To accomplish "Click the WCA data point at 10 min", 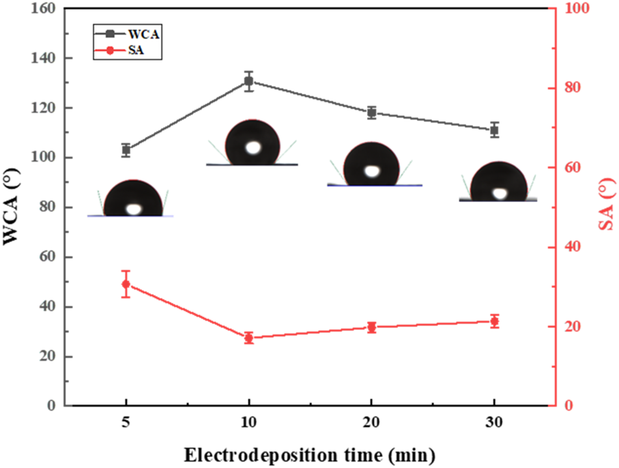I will pyautogui.click(x=248, y=81).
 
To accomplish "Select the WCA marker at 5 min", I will pyautogui.click(x=126, y=150).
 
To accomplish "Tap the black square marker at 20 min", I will pyautogui.click(x=371, y=112).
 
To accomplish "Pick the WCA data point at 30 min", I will pyautogui.click(x=494, y=130).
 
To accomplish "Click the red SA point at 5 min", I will pyautogui.click(x=126, y=284).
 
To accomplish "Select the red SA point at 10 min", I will pyautogui.click(x=248, y=338).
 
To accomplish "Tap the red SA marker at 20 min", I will pyautogui.click(x=371, y=327).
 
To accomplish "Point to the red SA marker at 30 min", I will pyautogui.click(x=494, y=321).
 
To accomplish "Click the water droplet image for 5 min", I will pyautogui.click(x=132, y=198).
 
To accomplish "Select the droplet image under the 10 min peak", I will pyautogui.click(x=252, y=143).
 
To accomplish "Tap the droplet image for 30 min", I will pyautogui.click(x=499, y=182).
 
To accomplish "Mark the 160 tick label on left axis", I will pyautogui.click(x=45, y=9).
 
